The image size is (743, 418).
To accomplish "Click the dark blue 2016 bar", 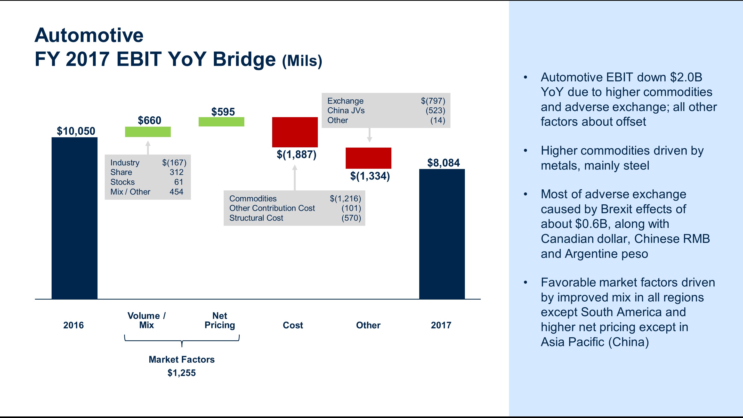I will tap(74, 218).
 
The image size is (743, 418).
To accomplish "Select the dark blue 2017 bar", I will tap(442, 234).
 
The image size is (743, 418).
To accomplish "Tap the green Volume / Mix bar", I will tap(148, 132).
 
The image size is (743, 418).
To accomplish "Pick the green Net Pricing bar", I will tap(221, 122).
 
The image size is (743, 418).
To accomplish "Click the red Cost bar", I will tap(295, 132).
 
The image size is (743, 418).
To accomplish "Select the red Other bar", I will tap(368, 158).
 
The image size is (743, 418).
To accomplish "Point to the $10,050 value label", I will tap(76, 131).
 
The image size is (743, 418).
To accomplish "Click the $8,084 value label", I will tap(443, 163).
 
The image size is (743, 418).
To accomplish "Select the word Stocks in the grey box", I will tap(122, 182).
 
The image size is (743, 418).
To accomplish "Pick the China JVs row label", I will tap(346, 110).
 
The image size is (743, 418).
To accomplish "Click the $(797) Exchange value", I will tap(433, 101).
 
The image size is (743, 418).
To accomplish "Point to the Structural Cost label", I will tap(256, 218).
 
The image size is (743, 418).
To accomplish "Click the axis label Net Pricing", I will tap(220, 320).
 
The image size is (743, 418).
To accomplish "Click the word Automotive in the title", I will tap(89, 35).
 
